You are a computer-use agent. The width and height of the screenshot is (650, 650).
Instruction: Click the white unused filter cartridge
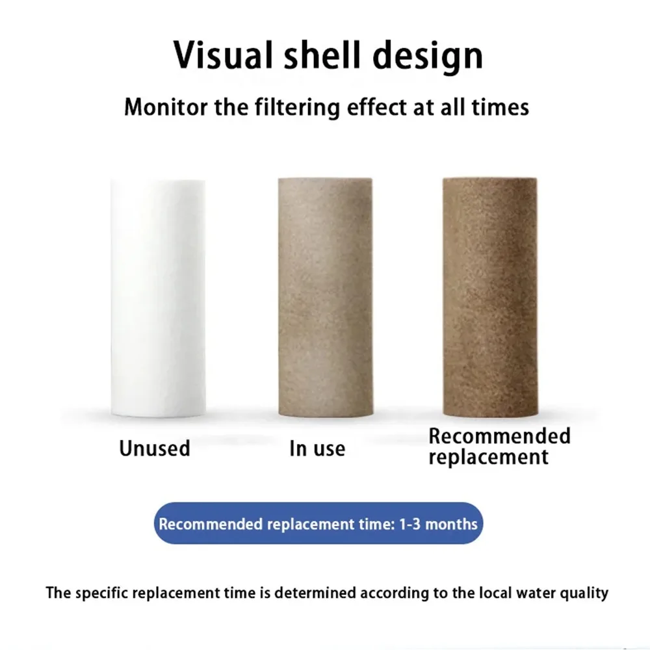click(x=158, y=298)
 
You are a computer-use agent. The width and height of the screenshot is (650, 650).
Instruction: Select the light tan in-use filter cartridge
click(x=326, y=297)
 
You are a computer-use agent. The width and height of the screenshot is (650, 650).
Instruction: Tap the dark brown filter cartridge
click(x=490, y=297)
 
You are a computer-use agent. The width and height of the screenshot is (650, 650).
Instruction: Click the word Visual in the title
click(x=222, y=55)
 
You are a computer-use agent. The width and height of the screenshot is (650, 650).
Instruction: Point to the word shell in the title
click(x=322, y=55)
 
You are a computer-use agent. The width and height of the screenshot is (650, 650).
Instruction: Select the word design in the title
click(x=428, y=57)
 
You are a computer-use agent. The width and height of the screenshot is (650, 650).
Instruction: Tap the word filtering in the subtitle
click(x=297, y=108)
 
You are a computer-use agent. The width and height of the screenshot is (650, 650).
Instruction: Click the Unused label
click(x=155, y=448)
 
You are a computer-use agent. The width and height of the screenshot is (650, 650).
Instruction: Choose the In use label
click(x=317, y=448)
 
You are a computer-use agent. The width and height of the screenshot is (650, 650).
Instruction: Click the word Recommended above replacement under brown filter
click(x=499, y=435)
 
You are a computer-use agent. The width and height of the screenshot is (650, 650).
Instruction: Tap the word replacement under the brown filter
click(x=488, y=457)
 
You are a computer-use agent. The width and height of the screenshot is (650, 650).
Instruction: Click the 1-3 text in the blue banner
click(x=409, y=524)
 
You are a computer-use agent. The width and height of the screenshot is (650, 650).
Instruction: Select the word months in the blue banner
click(x=452, y=524)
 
